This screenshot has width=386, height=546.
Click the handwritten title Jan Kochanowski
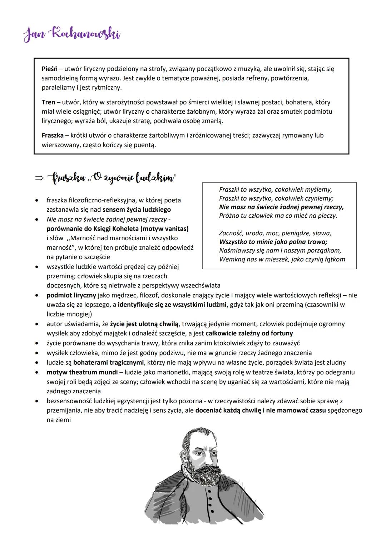pos(72,35)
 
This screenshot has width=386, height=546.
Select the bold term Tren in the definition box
pos(48,102)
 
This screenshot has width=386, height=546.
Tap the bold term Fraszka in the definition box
pos(52,136)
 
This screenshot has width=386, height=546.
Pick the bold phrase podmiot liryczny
pos(71,295)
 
